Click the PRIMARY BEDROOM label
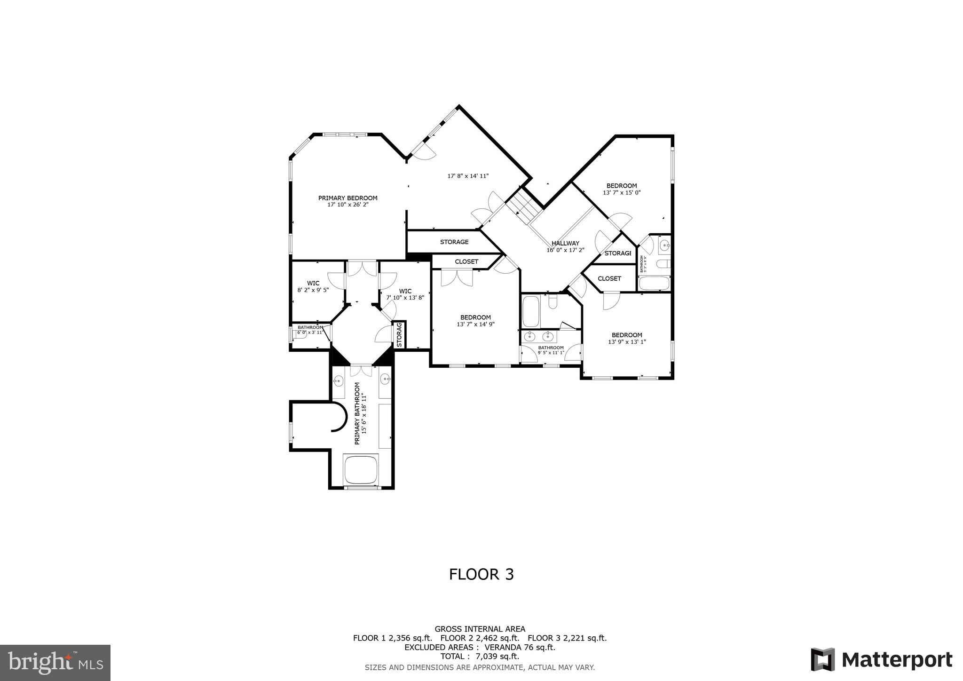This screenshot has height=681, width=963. [347, 198]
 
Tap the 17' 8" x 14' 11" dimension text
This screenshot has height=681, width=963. [468, 176]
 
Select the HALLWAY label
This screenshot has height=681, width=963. [565, 243]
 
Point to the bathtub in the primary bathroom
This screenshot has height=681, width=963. [361, 469]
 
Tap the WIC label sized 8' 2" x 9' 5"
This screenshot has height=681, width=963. [313, 283]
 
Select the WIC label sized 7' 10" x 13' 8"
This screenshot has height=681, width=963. [405, 291]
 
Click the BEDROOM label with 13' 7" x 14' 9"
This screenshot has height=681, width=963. [475, 317]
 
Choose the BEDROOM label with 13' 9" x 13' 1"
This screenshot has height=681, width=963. [627, 335]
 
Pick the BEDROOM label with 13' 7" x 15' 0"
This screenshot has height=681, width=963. [622, 186]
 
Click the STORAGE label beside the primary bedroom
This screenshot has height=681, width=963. [454, 242]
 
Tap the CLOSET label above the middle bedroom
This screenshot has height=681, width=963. [466, 261]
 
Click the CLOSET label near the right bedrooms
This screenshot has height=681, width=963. [609, 278]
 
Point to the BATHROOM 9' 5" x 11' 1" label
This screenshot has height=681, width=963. [551, 348]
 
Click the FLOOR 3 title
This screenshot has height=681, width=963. [481, 574]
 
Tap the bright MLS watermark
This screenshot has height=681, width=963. [55, 663]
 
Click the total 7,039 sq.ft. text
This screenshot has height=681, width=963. [480, 656]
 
